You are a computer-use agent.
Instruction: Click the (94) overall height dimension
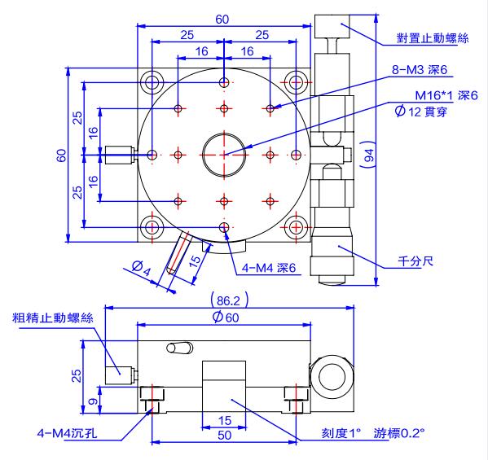[x=368, y=155]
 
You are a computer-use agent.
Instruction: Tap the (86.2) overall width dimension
[x=229, y=300]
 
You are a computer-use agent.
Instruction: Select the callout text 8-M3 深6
[x=420, y=70]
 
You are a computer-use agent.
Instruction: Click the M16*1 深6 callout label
[x=446, y=95]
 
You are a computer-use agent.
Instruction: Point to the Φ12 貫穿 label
[x=421, y=111]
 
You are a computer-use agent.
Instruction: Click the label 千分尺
[x=415, y=261]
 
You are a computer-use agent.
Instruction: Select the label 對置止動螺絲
[x=433, y=38]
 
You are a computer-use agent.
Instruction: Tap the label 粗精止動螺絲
[x=53, y=318]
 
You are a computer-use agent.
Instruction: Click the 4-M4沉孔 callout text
[x=67, y=432]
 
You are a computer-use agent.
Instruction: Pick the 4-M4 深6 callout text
[x=269, y=268]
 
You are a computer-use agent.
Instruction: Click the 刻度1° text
[x=341, y=432]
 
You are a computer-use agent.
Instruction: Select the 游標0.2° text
[x=399, y=432]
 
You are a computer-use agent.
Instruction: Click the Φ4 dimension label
[x=141, y=268]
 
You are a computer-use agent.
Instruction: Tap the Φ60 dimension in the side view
[x=226, y=317]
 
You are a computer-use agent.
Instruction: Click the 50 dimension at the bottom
[x=224, y=435]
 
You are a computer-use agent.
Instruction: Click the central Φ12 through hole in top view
[x=224, y=155]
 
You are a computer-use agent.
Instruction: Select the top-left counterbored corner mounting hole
[x=152, y=83]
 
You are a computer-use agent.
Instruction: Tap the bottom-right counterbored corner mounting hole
[x=296, y=227]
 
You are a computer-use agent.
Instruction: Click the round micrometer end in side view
[x=332, y=377]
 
